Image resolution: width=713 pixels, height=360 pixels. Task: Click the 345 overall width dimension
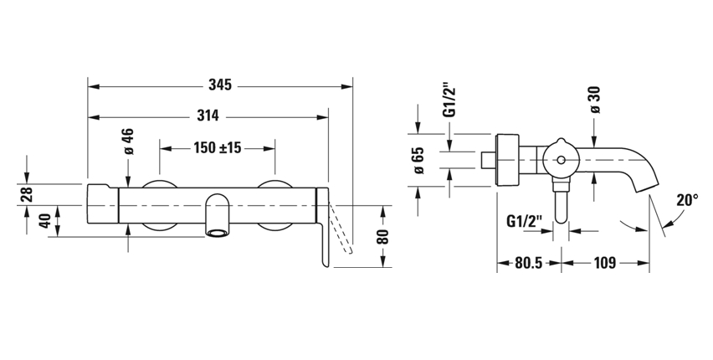click(221, 85)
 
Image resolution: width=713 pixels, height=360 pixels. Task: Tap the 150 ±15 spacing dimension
click(218, 148)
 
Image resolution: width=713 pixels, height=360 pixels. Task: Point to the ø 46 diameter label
click(129, 141)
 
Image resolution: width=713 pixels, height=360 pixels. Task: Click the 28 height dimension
click(27, 193)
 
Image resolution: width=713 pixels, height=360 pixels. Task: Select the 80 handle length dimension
click(384, 237)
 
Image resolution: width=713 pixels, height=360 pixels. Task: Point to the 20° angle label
click(686, 200)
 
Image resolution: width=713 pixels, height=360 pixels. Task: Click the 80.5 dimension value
click(528, 263)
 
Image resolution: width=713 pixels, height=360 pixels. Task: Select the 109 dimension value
click(606, 263)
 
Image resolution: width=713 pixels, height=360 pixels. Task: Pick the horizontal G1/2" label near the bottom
click(526, 222)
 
